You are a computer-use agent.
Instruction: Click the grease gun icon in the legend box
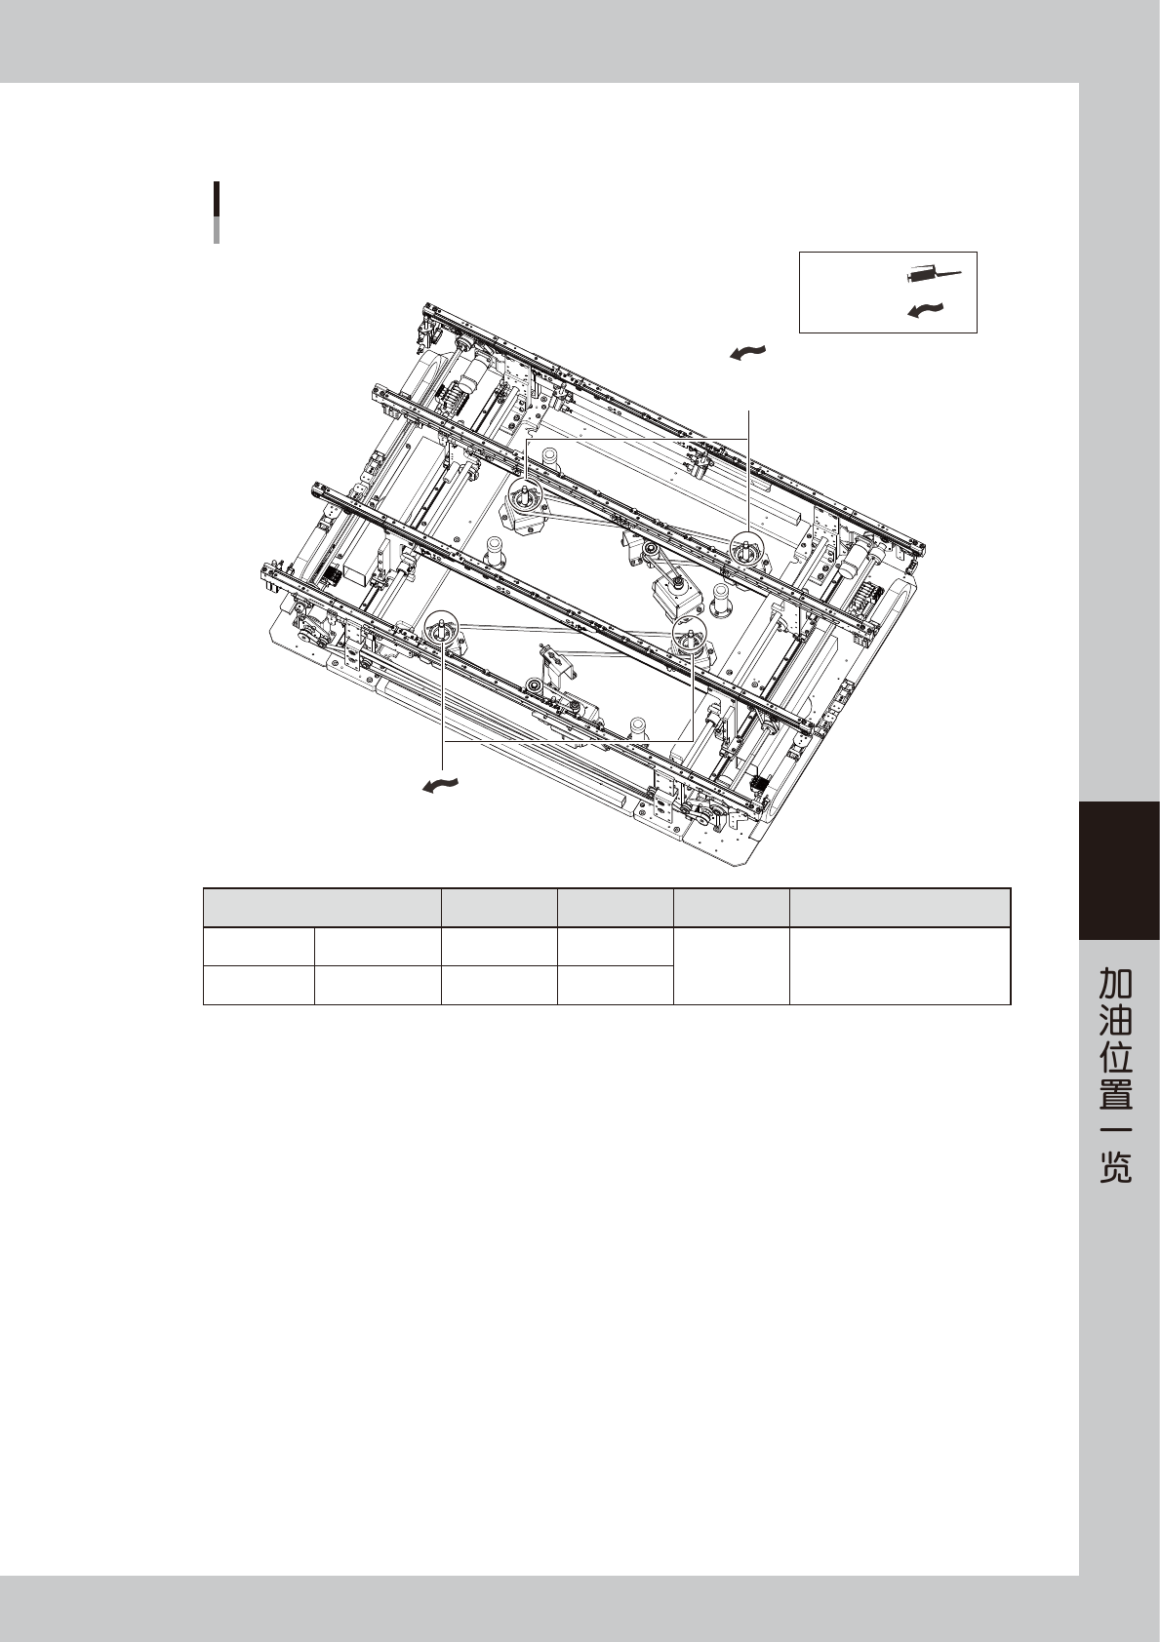933,275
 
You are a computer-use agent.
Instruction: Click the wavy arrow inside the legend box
926,311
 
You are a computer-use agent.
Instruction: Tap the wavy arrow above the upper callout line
748,353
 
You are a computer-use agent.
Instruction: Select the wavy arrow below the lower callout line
441,785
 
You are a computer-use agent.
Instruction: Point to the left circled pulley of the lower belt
442,628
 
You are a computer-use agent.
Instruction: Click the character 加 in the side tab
1115,983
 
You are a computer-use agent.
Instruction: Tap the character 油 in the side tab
1115,1020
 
